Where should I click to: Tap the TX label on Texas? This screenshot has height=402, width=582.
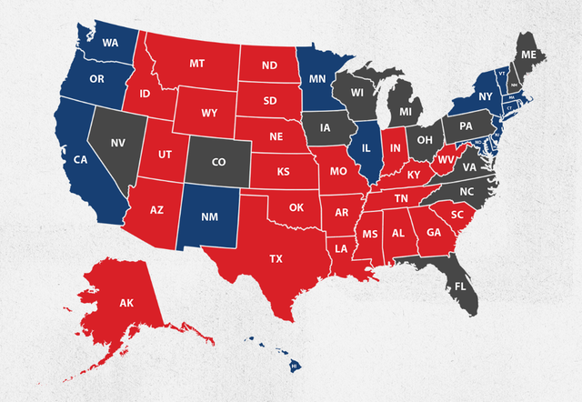point(276,259)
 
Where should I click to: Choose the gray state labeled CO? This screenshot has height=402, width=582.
point(218,162)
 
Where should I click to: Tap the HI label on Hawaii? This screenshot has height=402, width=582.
point(294,365)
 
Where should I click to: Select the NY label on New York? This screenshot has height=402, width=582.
point(485,95)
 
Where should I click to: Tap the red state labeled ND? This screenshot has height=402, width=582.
point(269,65)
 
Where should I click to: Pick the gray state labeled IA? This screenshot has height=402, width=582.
point(326,127)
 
